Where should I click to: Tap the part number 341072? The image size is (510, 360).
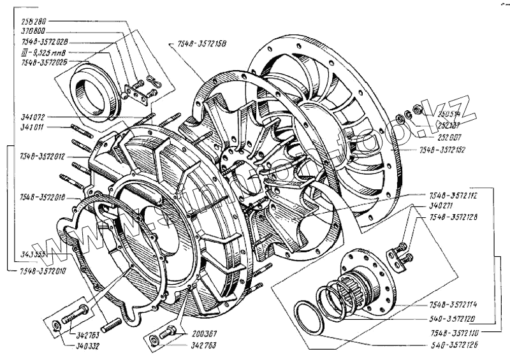[x=33, y=117]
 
